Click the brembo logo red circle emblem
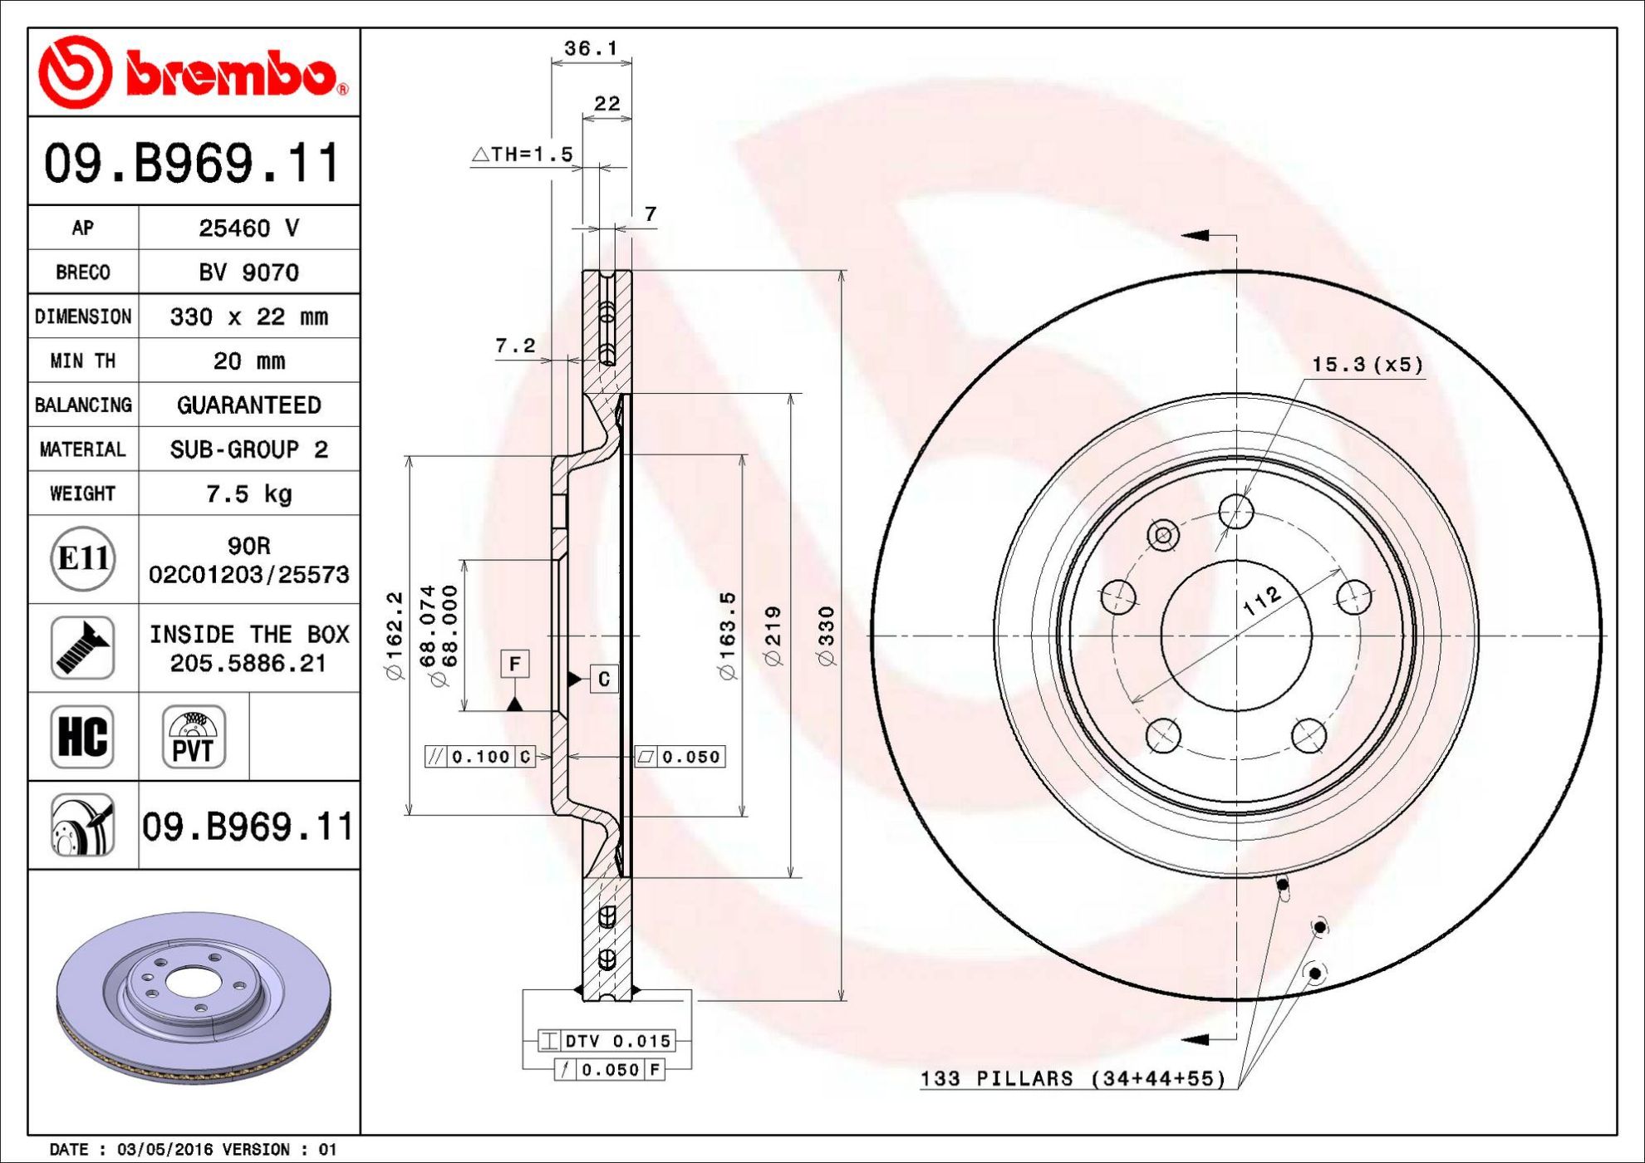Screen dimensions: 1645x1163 point(75,72)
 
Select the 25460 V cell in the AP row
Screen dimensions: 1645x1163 point(249,228)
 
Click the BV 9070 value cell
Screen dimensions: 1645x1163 point(249,272)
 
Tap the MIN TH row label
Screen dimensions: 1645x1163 point(83,361)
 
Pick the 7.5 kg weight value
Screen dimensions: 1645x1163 point(249,493)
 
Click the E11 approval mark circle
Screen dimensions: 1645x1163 point(83,558)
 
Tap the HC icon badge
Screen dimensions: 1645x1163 point(82,737)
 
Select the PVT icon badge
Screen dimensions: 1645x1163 point(194,737)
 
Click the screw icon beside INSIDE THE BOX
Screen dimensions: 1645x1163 point(82,648)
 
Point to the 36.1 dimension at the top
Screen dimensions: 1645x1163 point(592,48)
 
